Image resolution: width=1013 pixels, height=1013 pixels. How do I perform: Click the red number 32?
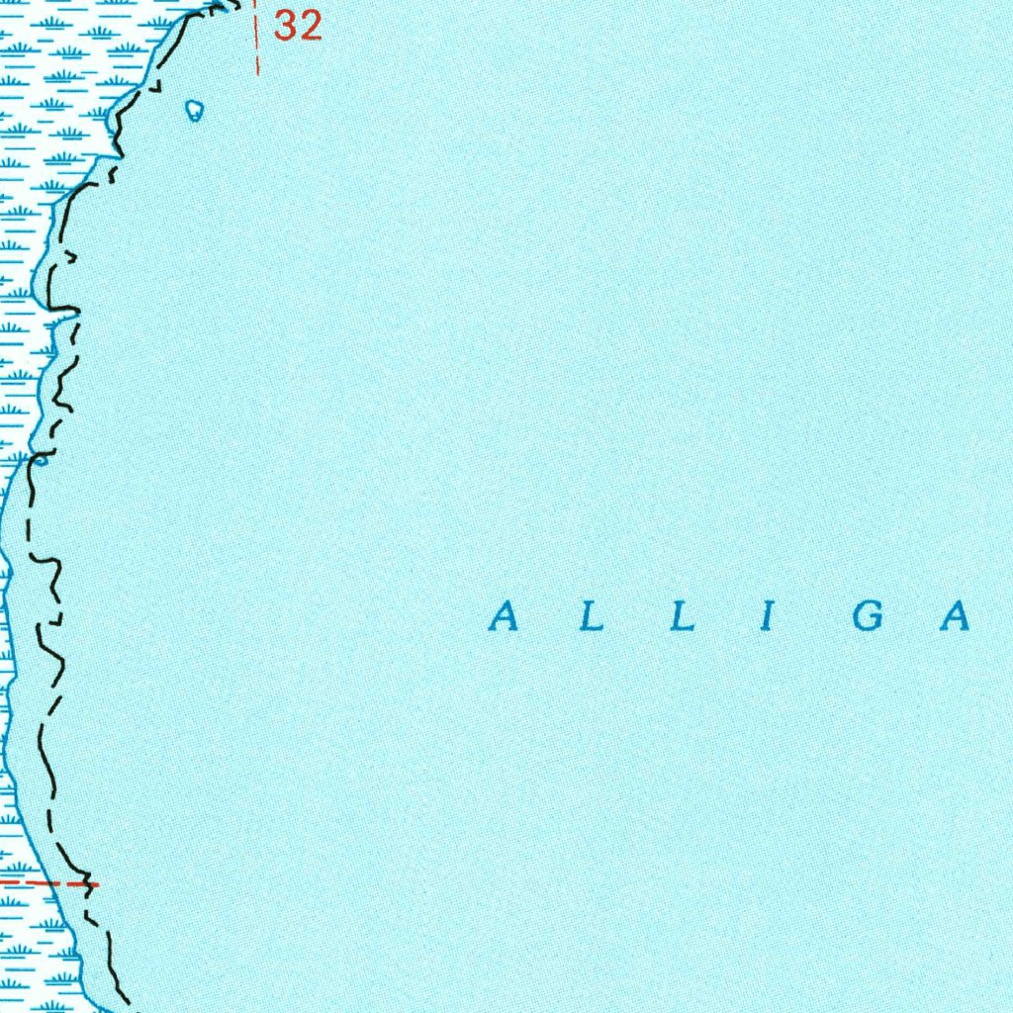[x=298, y=26]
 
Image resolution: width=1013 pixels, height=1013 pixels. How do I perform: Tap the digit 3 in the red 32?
[x=286, y=26]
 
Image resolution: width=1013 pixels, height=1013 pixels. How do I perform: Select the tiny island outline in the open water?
[x=195, y=110]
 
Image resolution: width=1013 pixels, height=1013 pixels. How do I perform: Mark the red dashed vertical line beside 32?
[x=257, y=40]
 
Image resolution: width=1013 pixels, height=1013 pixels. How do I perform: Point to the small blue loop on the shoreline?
[x=41, y=459]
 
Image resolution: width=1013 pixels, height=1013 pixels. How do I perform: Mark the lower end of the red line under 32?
[x=257, y=73]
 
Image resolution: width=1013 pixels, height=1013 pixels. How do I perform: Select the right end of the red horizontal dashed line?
[x=98, y=882]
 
